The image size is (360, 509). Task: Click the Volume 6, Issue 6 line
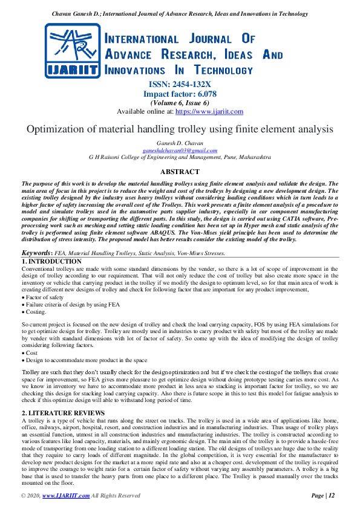coord(180,103)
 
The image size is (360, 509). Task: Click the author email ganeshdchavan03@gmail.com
coord(180,150)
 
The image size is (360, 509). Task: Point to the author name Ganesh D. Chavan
coord(180,143)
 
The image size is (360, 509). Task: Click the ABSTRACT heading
coord(180,172)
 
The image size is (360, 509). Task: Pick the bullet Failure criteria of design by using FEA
coord(73,305)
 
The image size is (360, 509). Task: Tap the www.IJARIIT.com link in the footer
coord(64,496)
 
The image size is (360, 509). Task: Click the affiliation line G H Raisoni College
coord(180,157)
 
